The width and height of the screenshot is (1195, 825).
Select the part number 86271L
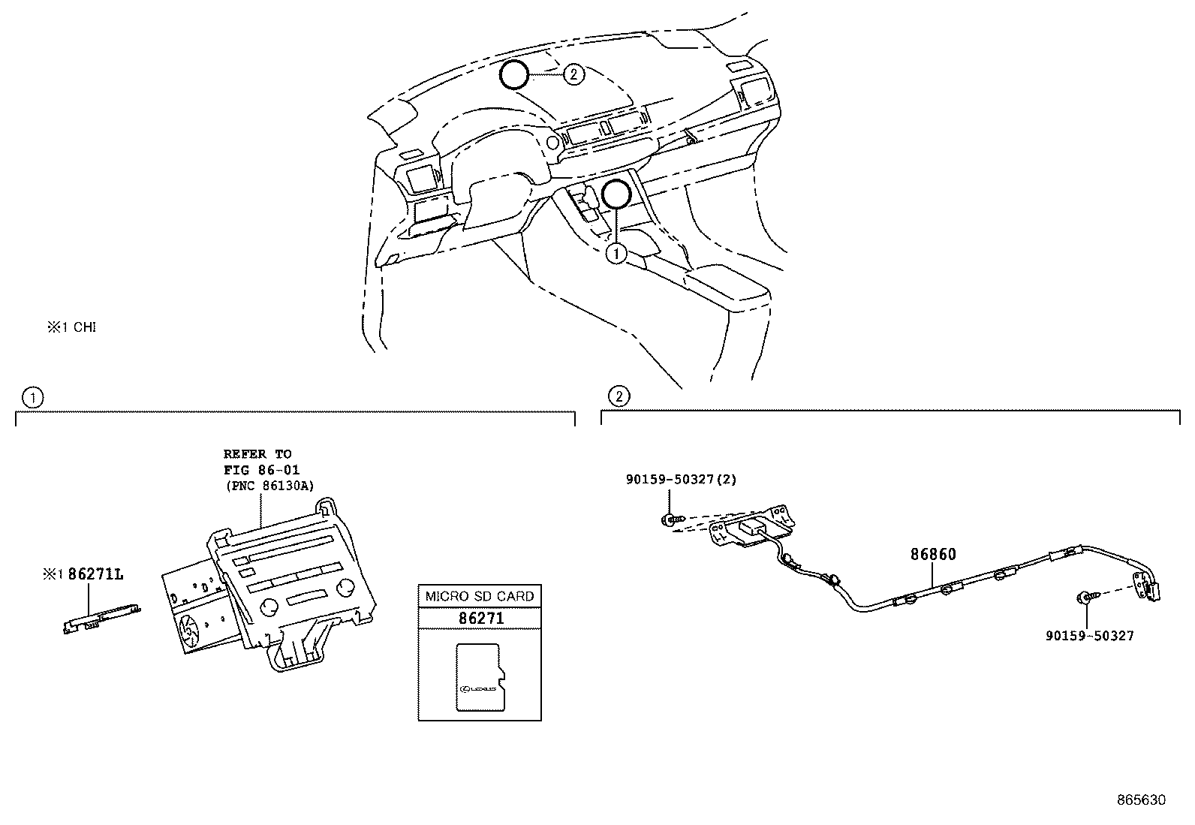(95, 574)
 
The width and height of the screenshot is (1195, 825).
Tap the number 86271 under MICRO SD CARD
(480, 618)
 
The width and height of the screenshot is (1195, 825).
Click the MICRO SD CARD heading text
(480, 596)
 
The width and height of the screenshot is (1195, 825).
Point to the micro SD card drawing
(480, 678)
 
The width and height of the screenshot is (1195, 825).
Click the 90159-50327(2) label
(682, 480)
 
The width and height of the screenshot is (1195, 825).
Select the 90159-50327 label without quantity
(1090, 636)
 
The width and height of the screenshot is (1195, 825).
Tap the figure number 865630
(1142, 800)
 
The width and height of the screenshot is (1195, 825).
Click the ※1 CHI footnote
(72, 327)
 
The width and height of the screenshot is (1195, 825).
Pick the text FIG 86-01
(261, 470)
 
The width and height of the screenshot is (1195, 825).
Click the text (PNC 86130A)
(269, 486)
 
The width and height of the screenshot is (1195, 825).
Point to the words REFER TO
(257, 454)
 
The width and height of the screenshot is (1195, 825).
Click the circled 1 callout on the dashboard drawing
(616, 254)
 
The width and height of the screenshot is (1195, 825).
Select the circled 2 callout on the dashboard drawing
(573, 74)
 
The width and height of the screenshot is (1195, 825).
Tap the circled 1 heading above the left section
(33, 398)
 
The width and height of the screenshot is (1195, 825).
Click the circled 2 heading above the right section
(619, 396)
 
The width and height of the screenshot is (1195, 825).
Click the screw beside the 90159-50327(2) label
(670, 519)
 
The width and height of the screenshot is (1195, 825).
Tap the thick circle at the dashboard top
(513, 74)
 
